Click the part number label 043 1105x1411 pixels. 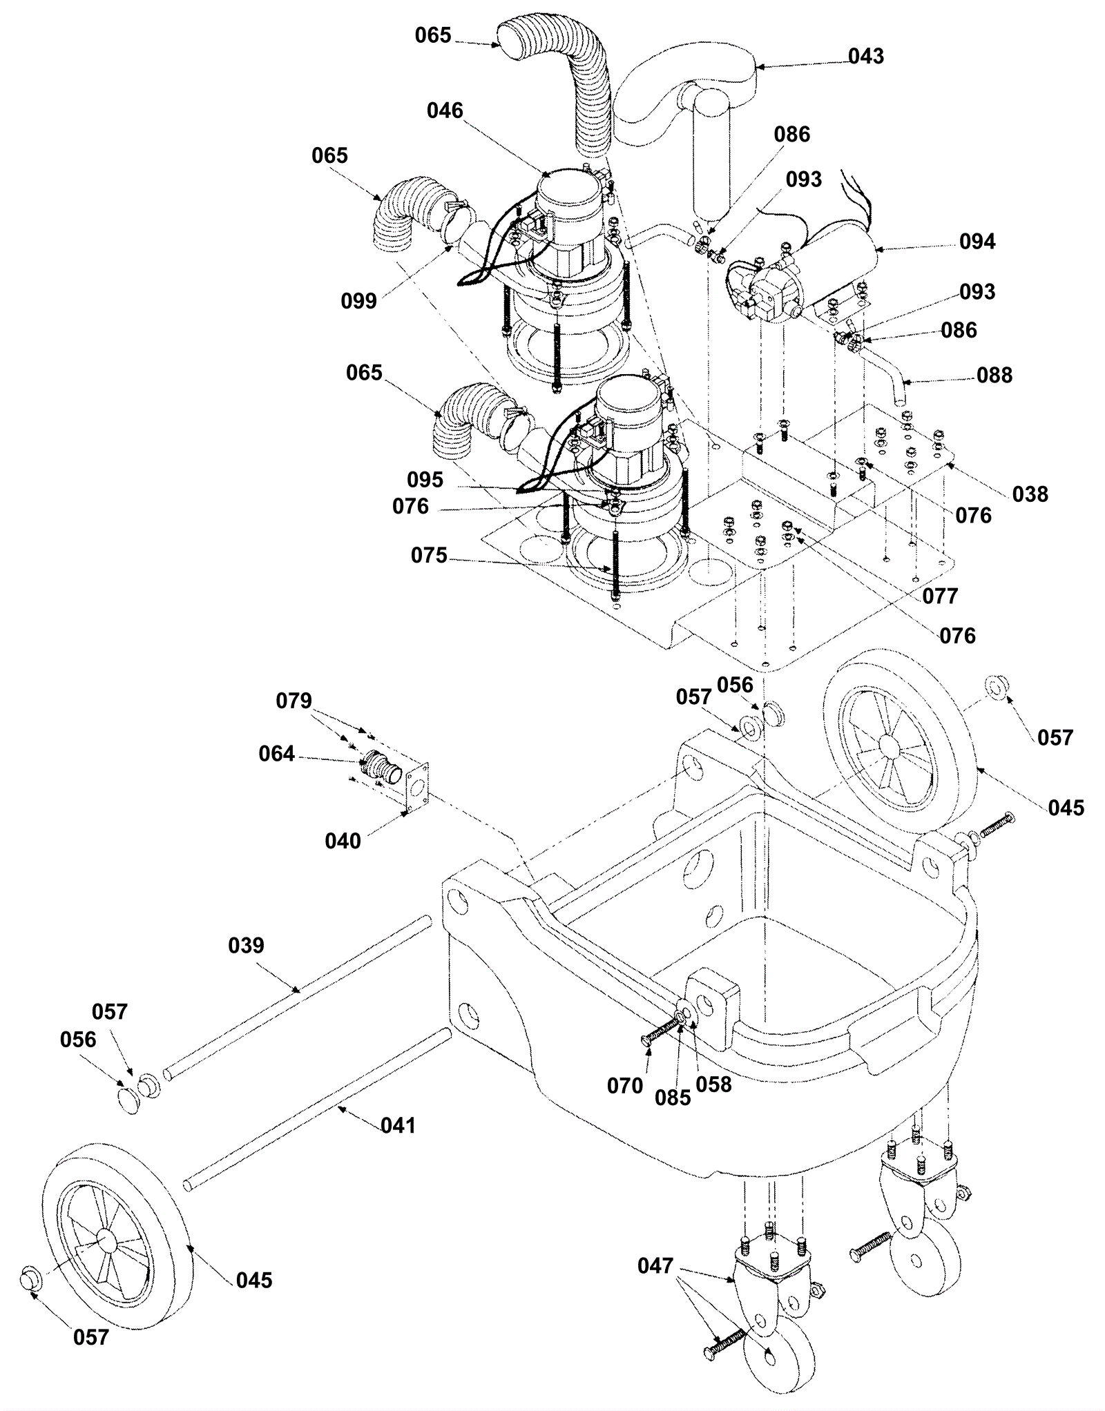click(866, 56)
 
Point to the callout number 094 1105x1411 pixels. click(977, 242)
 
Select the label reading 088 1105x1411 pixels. click(994, 375)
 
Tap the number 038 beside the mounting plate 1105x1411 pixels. click(1030, 494)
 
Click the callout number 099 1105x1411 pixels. click(358, 300)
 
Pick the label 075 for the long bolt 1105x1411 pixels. click(429, 555)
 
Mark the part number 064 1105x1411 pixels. click(276, 754)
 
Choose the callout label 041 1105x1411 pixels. click(398, 1125)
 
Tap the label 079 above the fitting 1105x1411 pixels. click(294, 701)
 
